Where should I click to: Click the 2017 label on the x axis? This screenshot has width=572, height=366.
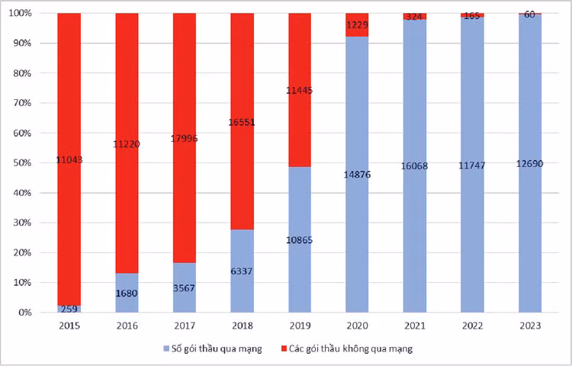click(185, 325)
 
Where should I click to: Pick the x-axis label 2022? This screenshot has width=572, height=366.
click(473, 325)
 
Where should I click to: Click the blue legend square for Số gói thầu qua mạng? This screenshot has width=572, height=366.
click(165, 348)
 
